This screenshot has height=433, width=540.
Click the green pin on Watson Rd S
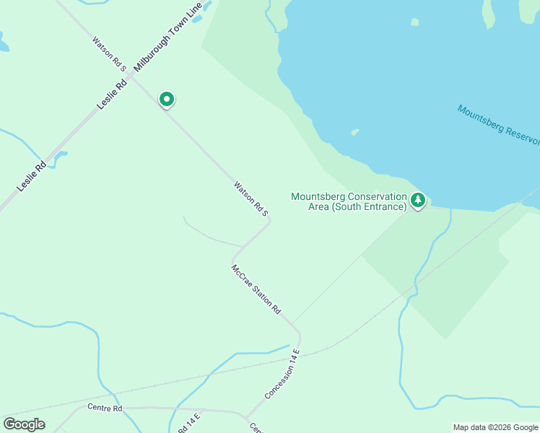pos(167,99)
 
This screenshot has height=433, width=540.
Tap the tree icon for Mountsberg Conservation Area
pos(418,201)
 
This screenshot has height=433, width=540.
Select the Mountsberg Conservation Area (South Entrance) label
pos(349,201)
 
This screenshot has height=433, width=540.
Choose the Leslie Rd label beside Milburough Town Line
pos(113,94)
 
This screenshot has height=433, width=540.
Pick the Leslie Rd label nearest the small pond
pos(32,175)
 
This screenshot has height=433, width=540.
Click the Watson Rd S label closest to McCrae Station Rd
pos(251,198)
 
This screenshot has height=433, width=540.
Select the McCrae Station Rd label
pos(256,289)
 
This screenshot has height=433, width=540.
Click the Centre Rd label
pos(105,408)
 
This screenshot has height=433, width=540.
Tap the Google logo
pos(24,424)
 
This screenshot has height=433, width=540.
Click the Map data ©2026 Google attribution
pos(496,427)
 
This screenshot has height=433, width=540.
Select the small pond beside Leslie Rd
pos(60,155)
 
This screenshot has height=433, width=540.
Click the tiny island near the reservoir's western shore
pos(354,132)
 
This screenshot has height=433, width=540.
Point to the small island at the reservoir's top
pos(414,22)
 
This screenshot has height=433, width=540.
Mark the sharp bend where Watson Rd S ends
pos(269,222)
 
